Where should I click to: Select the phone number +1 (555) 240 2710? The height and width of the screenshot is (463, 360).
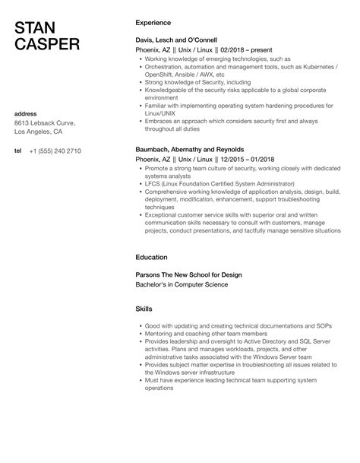pyautogui.click(x=55, y=151)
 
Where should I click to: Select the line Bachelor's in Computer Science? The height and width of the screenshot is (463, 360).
pyautogui.click(x=181, y=284)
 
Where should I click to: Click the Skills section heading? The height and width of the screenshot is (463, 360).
pyautogui.click(x=144, y=309)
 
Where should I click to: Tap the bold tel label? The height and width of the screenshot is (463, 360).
pyautogui.click(x=18, y=151)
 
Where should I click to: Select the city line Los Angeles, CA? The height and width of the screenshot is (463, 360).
pyautogui.click(x=40, y=132)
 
